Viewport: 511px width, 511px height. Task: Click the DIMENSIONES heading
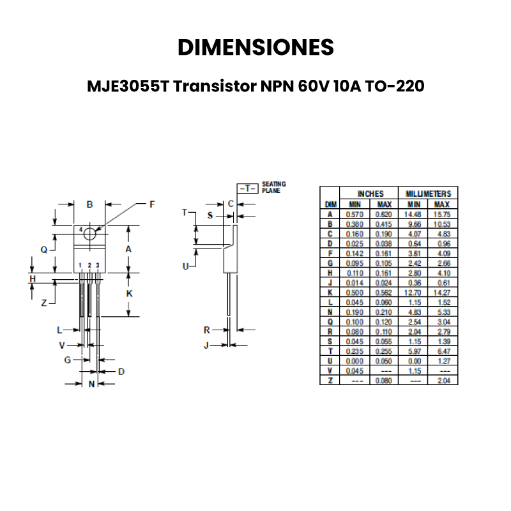coord(256,47)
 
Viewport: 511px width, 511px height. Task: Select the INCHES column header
coord(370,194)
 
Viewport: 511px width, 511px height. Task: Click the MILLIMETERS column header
coord(428,194)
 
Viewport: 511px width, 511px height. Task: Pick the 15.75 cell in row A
coord(443,215)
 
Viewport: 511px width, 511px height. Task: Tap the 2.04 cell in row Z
coord(443,381)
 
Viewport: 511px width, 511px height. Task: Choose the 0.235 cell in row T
coord(355,351)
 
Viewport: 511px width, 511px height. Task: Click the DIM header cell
coord(330,204)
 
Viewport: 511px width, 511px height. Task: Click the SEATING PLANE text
coord(274,187)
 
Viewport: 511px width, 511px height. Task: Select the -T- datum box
coord(247,188)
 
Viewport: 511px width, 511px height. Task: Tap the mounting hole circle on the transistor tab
coord(90,234)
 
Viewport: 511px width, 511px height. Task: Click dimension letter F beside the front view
coord(152,205)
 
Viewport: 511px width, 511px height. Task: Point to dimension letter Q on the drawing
coord(44,250)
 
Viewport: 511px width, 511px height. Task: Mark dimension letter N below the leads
coord(91,384)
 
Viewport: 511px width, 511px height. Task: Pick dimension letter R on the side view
coord(206,330)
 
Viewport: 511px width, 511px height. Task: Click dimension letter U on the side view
coord(186,266)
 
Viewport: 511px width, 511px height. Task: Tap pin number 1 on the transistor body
coord(80,265)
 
